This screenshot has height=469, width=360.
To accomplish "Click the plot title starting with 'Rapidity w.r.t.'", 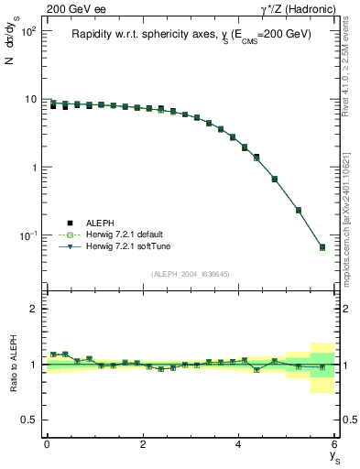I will coord(191,35).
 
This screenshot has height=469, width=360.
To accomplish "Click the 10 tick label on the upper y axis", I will coord(31,99).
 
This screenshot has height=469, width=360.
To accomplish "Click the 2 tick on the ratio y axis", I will coord(33,309).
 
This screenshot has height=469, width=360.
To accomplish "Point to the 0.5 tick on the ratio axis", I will coord(28,420).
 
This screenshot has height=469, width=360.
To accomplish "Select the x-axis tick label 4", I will coord(239,444).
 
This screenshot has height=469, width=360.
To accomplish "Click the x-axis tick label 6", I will coord(335,444).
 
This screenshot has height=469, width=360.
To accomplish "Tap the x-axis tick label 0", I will coord(47,444).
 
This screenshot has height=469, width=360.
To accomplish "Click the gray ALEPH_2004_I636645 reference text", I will coord(191,274).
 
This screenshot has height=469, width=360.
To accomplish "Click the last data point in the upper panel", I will coord(322,247).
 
